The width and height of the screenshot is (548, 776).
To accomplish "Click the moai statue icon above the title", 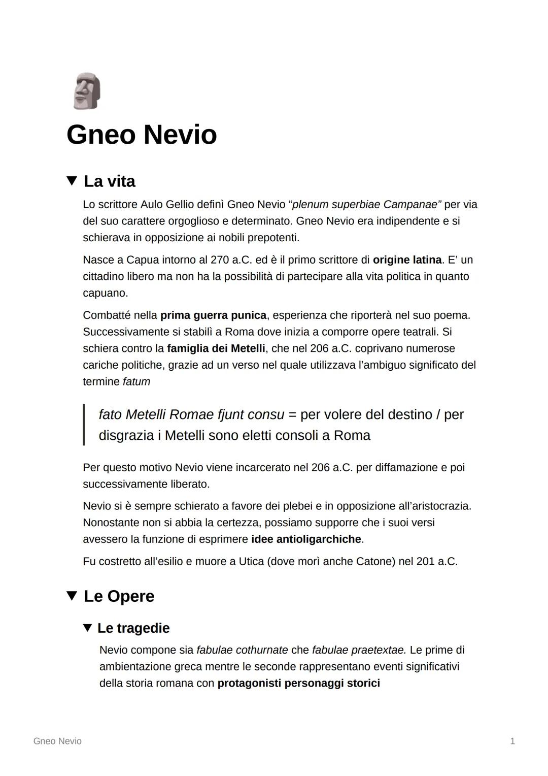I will pos(86,91).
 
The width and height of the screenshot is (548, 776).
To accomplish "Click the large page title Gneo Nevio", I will pos(142,135).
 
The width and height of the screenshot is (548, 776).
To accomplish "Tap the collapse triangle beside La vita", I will pos(72,181).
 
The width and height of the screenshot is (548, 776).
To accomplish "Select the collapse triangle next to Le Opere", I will pos(72,596).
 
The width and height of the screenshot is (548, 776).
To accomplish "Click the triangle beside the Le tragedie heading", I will pos(88,628).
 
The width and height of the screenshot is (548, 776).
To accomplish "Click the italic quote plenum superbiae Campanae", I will pos(364,205).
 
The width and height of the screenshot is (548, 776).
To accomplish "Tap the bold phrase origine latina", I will pos(407,260).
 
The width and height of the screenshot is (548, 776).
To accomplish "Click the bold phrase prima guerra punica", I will pos(213,315).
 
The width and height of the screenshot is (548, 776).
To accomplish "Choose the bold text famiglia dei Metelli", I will pos(216,349).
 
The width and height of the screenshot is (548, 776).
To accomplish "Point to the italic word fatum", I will pos(136,382).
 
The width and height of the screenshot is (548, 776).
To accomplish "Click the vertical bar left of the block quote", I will pos(84,425).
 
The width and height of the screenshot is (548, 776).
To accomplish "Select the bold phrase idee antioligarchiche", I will pos(306,539).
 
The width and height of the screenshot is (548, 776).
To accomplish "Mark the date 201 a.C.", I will pos(436,562).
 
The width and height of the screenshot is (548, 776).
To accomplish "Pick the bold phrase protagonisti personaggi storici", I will pos(298,684).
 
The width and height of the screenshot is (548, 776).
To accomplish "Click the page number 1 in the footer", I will pos(512,741).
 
